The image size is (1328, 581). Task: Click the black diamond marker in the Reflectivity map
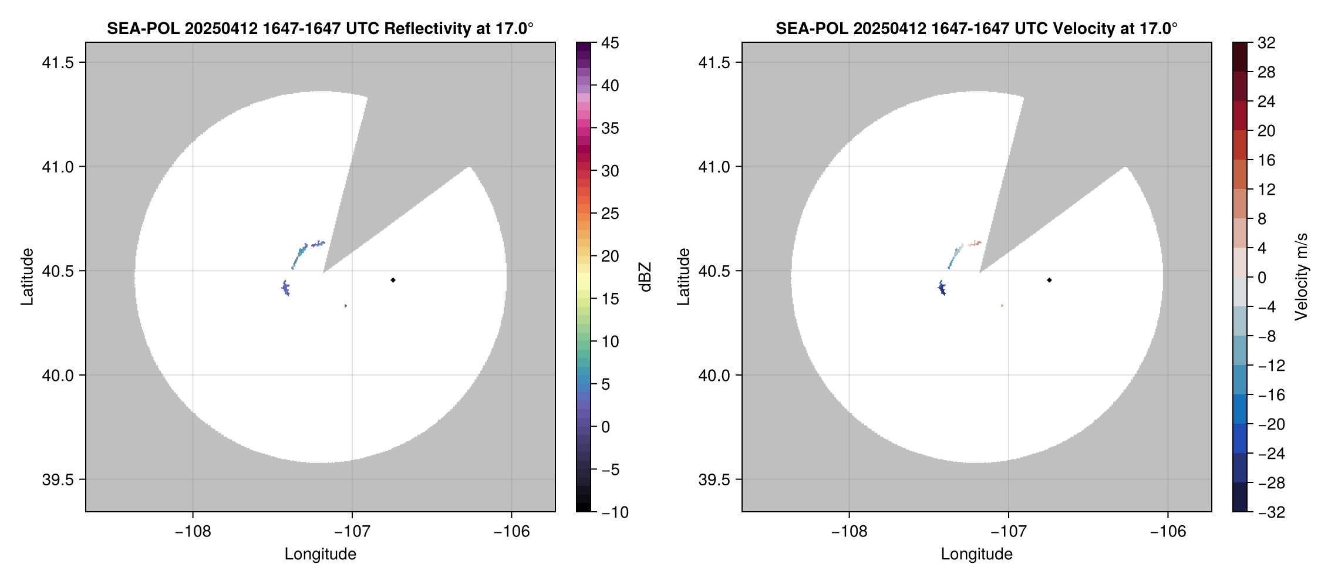(393, 280)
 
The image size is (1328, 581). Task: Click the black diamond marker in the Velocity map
(1049, 280)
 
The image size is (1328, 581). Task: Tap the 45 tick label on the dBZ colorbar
(610, 43)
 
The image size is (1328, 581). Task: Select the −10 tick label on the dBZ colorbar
(615, 512)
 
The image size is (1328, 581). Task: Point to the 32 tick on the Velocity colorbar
(1266, 43)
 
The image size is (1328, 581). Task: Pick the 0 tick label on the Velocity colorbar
(1262, 278)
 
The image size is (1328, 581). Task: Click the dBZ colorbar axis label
(646, 277)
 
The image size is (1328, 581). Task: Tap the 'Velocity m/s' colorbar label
(1302, 277)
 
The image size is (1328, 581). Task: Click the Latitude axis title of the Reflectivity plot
(27, 277)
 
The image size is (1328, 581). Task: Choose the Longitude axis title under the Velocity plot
(976, 554)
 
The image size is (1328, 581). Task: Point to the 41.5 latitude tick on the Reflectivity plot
(58, 62)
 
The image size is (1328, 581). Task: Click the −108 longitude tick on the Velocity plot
(848, 532)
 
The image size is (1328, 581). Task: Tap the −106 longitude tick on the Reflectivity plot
(511, 532)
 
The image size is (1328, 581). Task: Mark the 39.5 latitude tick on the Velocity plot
(714, 479)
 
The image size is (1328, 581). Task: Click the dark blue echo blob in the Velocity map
(942, 288)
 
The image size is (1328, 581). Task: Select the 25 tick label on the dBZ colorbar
(610, 214)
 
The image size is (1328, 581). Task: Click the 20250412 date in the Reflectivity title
(221, 29)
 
